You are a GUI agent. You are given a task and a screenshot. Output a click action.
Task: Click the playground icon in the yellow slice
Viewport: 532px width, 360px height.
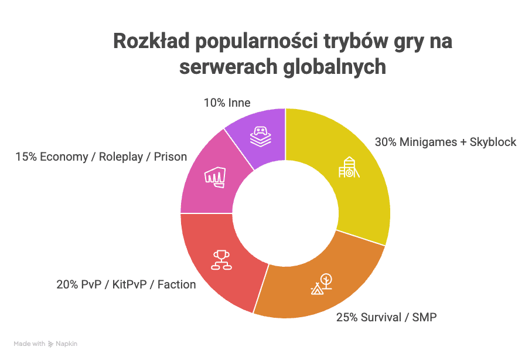coord(347,168)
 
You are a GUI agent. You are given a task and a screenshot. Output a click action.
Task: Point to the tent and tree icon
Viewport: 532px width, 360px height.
coord(321,284)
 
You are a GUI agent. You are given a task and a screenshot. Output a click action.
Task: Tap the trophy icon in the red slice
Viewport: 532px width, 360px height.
coord(221,260)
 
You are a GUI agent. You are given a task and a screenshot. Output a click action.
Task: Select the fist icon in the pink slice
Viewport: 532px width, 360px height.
coord(214,176)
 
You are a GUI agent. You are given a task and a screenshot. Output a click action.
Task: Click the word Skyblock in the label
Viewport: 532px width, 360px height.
coord(493,142)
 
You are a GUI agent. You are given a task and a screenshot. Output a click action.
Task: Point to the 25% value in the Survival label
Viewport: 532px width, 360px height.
coord(346,318)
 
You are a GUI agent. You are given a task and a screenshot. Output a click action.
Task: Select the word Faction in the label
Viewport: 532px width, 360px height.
coord(176,285)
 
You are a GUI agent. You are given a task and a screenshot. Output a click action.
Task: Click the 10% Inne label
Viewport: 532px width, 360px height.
coord(227,103)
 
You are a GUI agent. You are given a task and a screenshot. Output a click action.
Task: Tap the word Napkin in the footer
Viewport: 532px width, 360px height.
coord(66,344)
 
